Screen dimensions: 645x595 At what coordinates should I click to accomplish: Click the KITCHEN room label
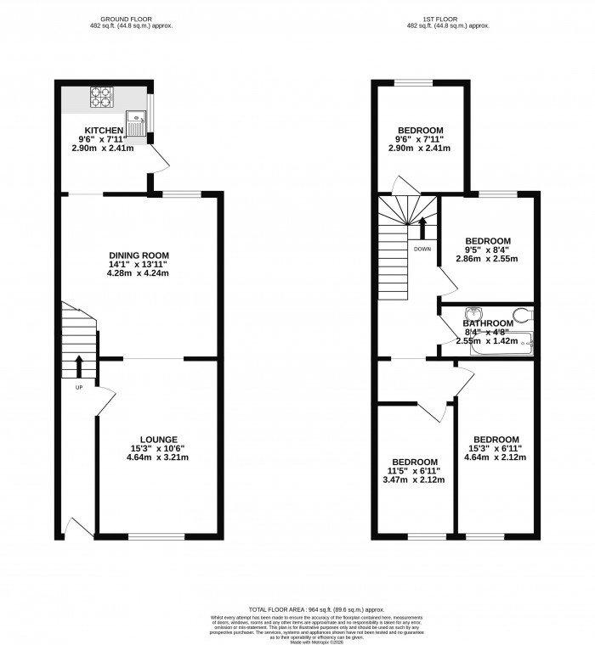click(x=98, y=130)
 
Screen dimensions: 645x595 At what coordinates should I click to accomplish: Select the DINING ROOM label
click(x=139, y=255)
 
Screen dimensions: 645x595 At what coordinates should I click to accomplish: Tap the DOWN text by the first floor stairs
click(x=422, y=249)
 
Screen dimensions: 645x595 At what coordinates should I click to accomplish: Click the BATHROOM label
click(x=487, y=323)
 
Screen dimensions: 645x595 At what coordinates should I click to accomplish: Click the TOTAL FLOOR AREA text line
click(x=316, y=609)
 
